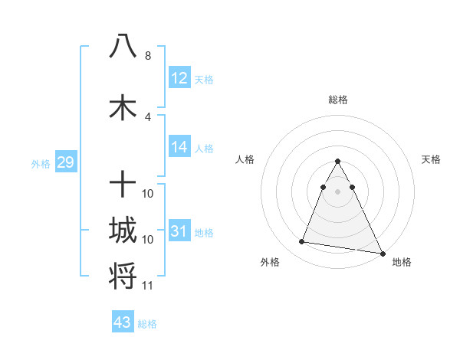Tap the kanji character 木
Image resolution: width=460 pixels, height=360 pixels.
click(x=123, y=107)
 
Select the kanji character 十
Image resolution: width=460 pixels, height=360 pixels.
click(x=123, y=185)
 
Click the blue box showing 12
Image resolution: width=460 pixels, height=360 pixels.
click(x=179, y=78)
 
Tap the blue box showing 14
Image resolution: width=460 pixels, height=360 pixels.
click(x=179, y=147)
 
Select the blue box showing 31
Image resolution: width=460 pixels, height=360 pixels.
click(x=179, y=231)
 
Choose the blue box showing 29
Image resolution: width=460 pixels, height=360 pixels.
click(x=64, y=162)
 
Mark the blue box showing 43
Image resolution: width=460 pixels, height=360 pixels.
click(x=123, y=322)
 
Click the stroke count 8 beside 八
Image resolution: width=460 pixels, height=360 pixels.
click(x=148, y=56)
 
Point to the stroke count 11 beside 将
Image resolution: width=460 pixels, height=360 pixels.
click(x=148, y=286)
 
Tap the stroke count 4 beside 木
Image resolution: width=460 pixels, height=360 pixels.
click(x=148, y=117)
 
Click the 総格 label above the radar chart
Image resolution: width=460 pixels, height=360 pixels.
click(x=338, y=100)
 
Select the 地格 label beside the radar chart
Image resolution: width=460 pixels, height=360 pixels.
click(x=402, y=262)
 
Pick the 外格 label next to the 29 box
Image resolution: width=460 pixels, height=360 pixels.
click(x=41, y=163)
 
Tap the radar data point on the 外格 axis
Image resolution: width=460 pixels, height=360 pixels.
click(x=302, y=242)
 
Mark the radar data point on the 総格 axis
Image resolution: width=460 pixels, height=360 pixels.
click(x=338, y=162)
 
